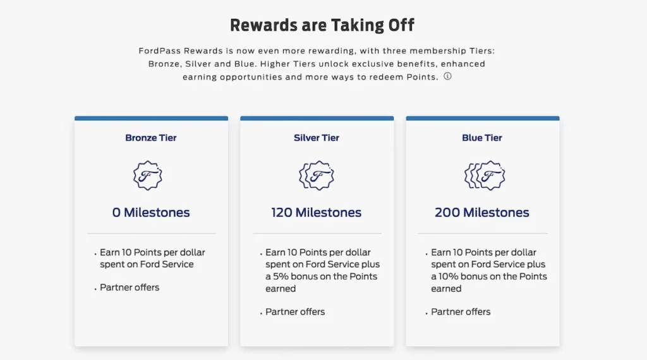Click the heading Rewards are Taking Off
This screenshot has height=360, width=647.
(x=322, y=25)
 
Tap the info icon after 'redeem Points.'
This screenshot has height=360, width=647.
(x=447, y=76)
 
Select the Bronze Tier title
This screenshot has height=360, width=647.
(x=151, y=138)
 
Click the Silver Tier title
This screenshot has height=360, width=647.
(x=317, y=138)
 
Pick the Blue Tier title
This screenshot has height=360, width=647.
(x=482, y=138)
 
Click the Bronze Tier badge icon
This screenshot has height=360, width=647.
(x=148, y=175)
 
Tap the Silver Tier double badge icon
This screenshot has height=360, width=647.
(x=317, y=175)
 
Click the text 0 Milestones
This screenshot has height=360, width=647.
(x=151, y=212)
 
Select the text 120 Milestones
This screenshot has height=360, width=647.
(x=317, y=212)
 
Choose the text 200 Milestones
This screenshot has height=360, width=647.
(x=482, y=212)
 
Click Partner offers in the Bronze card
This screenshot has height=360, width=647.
(x=130, y=287)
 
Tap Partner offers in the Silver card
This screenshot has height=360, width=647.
(x=295, y=311)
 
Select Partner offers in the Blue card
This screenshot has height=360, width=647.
(x=461, y=311)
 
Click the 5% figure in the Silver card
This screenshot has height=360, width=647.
(x=282, y=277)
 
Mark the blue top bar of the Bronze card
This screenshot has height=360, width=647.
(x=151, y=118)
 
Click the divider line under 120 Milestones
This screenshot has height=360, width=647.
(x=317, y=234)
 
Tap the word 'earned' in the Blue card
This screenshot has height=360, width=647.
(x=446, y=289)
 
